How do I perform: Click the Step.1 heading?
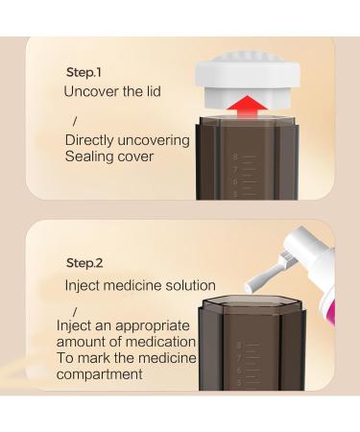click(x=84, y=72)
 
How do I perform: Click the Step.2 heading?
click(x=84, y=263)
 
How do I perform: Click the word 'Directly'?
click(x=89, y=141)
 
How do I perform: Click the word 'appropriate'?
click(x=152, y=326)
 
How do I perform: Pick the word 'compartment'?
click(x=99, y=374)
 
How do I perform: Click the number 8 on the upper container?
click(x=235, y=157)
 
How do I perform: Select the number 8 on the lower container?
click(x=239, y=346)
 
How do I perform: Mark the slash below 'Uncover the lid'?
click(x=75, y=121)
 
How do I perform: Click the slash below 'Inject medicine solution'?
click(x=75, y=311)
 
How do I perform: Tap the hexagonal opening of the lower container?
click(x=252, y=301)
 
